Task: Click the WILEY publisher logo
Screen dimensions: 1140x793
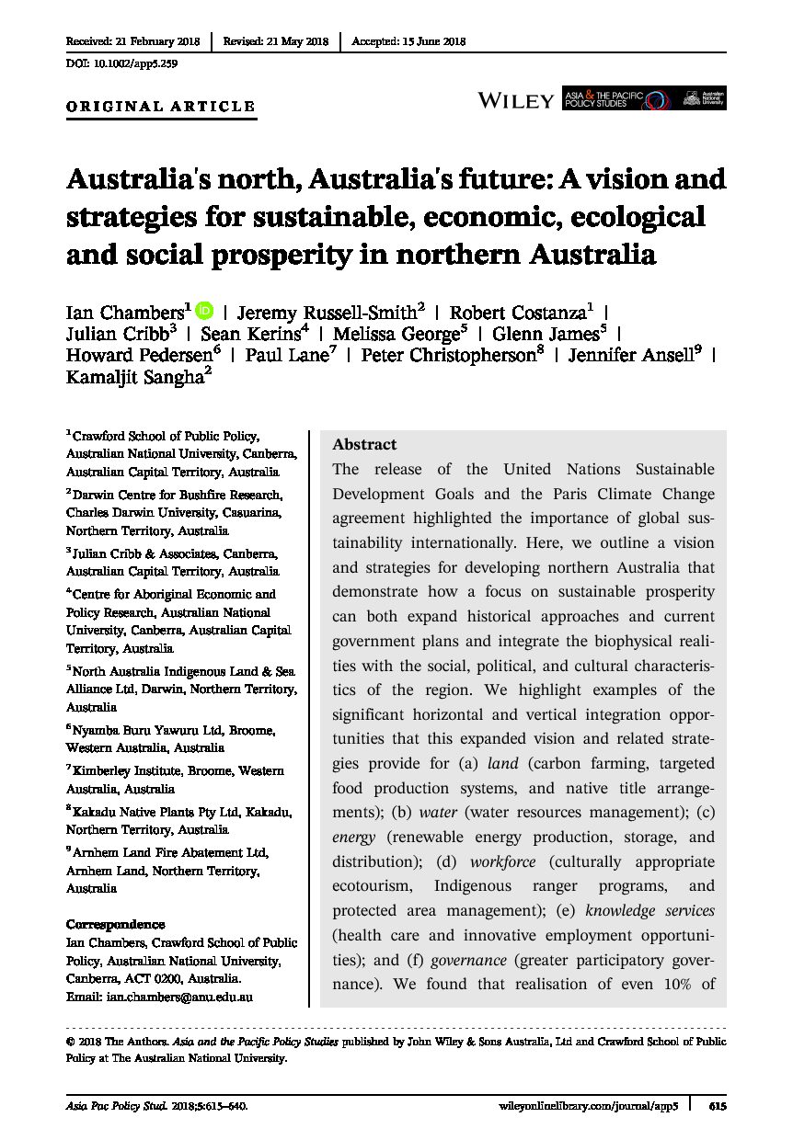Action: [515, 100]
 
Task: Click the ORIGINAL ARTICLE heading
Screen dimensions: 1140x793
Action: [161, 107]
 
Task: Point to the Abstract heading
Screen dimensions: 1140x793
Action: [364, 444]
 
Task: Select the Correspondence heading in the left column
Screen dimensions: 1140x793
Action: [116, 925]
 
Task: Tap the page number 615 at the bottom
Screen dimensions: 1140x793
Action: [718, 1107]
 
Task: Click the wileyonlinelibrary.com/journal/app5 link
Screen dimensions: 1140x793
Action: [589, 1107]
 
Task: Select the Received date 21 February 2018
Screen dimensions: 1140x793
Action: [132, 41]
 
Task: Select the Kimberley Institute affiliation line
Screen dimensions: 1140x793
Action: [175, 770]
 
